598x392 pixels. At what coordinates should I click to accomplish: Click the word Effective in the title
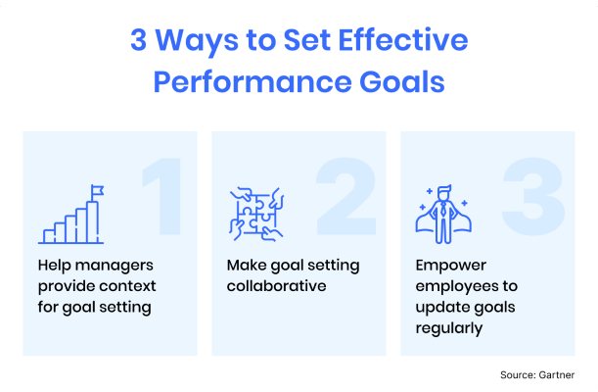[x=402, y=40]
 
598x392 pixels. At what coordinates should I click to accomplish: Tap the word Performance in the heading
[x=253, y=82]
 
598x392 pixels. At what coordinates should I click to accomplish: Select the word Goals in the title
[x=402, y=81]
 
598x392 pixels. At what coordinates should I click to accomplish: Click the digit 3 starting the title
[x=138, y=40]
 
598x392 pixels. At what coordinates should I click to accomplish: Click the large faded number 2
[x=345, y=196]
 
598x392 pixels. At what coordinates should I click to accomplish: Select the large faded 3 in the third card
[x=533, y=197]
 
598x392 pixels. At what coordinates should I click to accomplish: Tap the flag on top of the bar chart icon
[x=97, y=191]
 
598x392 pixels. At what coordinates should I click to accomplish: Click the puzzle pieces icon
[x=256, y=214]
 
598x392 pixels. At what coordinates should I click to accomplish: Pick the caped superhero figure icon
[x=443, y=215]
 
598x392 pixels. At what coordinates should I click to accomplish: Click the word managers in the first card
[x=115, y=266]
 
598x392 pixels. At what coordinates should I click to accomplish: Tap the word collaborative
[x=277, y=286]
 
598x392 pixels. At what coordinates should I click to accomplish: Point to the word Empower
[x=451, y=266]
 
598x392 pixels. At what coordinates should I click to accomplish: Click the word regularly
[x=449, y=328]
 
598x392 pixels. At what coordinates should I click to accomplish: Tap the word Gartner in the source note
[x=556, y=374]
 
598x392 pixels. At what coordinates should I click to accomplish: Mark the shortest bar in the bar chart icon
[x=48, y=236]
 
